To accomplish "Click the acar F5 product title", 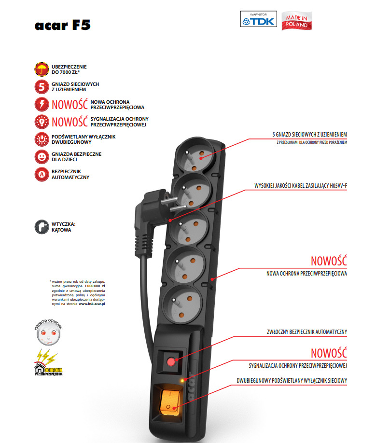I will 62,25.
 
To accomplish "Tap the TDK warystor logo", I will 258,19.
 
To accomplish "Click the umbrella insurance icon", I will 41,69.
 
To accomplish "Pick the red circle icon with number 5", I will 41,87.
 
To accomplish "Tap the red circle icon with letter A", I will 41,174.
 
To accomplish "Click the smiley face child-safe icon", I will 41,156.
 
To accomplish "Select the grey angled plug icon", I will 41,227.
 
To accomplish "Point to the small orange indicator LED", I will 182,381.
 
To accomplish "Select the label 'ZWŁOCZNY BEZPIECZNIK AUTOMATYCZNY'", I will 306,332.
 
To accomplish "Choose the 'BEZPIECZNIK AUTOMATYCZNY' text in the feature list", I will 70,174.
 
